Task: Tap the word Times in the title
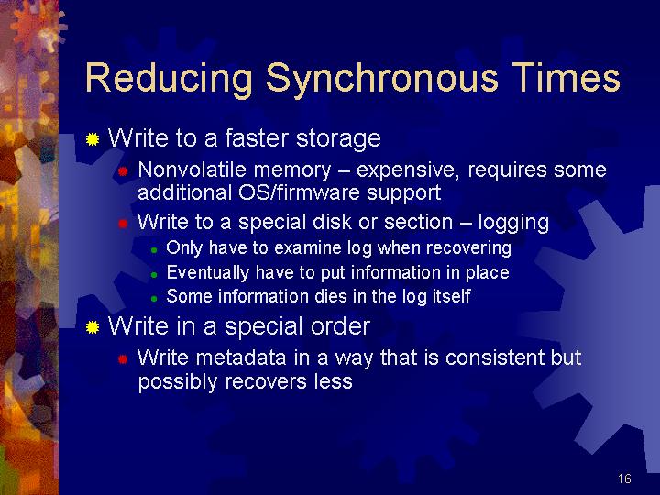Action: coord(566,77)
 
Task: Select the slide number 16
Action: coord(624,478)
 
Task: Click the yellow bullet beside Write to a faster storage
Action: coord(93,139)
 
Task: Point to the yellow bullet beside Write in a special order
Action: coord(93,327)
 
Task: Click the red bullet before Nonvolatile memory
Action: coord(123,171)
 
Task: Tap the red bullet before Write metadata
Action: coord(123,359)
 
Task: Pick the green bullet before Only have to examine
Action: coord(154,250)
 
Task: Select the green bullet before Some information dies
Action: coord(154,299)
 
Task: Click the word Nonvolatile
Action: coord(192,170)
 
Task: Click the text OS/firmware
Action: coord(299,192)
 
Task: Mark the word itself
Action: coord(452,296)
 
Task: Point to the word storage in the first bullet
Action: coord(339,139)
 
